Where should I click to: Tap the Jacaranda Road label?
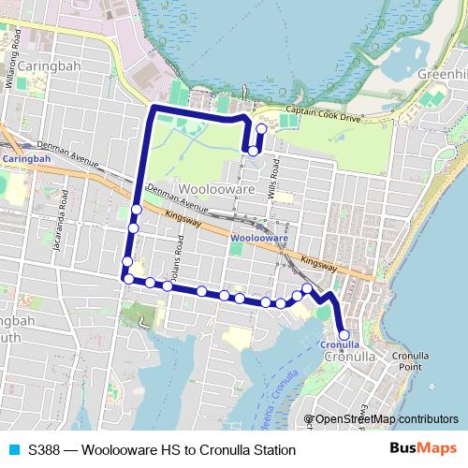(63, 214)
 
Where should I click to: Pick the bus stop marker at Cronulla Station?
(344, 334)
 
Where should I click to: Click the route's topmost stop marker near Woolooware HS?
(259, 130)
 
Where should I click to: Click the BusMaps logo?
(423, 449)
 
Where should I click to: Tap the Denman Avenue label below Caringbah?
(66, 154)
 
